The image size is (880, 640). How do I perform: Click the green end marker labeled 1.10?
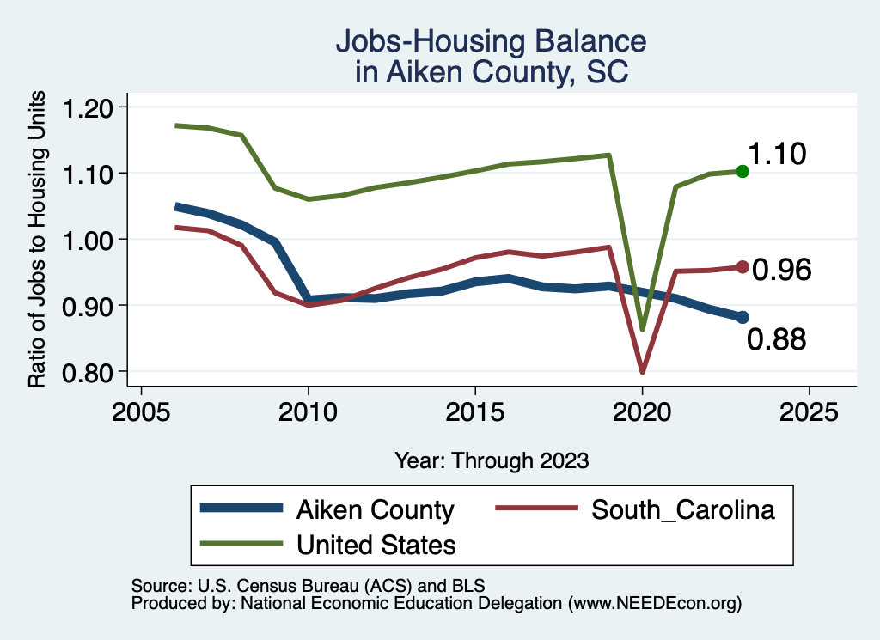pos(742,172)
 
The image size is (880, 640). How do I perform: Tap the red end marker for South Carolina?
pos(742,267)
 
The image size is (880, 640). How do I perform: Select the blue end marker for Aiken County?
pos(742,317)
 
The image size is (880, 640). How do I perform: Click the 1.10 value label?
pos(776,155)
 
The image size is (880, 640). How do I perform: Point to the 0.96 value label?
pos(781,271)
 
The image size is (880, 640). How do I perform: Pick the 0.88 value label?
pos(776,340)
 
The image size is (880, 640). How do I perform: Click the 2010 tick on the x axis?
pos(308,411)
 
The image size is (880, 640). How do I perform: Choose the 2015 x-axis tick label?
pos(474,411)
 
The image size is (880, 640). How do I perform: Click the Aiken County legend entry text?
pos(375,509)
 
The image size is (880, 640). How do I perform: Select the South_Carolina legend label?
pos(683,509)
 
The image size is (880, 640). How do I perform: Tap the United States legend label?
pos(376,544)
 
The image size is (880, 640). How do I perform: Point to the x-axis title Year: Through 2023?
pos(492,460)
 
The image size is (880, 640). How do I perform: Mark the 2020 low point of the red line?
pos(642,372)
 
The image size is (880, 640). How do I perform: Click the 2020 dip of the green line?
pos(642,329)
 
